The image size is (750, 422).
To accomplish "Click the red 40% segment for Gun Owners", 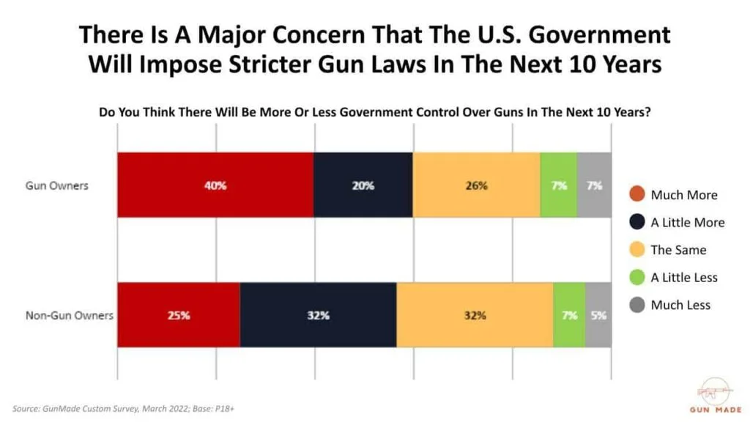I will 215,185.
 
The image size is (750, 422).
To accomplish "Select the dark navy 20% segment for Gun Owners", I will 363,185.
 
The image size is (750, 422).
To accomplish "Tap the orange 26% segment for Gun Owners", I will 476,185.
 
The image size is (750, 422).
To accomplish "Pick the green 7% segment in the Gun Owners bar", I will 558,185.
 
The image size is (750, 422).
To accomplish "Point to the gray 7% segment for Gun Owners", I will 594,185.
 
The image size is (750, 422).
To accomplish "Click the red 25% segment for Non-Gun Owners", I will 179,315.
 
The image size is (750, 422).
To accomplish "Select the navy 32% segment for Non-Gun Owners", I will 318,315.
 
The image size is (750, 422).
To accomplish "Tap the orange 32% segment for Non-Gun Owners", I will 475,315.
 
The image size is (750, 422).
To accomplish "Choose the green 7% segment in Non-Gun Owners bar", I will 569,315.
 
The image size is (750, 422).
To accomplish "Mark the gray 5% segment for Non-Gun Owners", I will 598,315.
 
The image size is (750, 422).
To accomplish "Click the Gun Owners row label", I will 57,185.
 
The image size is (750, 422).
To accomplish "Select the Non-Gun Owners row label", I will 70,316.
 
